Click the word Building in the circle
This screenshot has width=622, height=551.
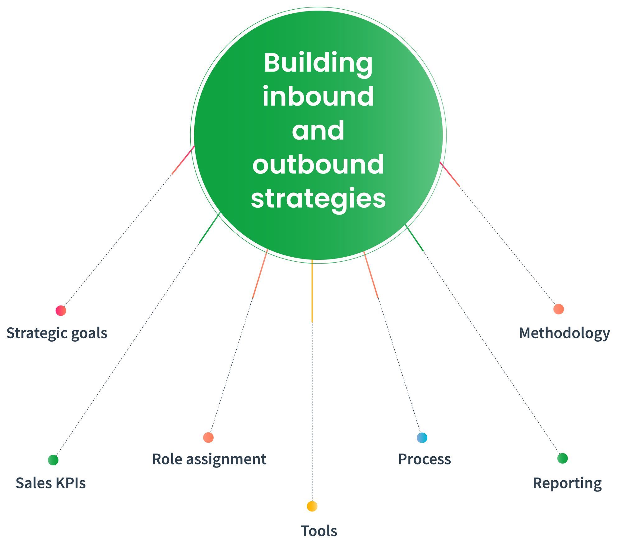(318, 63)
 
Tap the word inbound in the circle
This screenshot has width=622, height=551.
(318, 97)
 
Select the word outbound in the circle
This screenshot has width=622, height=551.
(318, 165)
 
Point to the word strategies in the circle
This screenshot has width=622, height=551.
(318, 198)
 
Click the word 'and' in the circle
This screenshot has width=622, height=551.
(318, 131)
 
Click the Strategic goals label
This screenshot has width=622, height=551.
(57, 333)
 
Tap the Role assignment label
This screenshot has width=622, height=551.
(209, 459)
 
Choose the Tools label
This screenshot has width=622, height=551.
(319, 531)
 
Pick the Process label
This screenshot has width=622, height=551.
(424, 459)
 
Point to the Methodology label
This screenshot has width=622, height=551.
(564, 333)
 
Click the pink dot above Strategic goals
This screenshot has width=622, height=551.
(61, 311)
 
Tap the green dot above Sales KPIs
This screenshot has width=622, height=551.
(53, 460)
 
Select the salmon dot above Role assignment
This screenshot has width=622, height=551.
(208, 437)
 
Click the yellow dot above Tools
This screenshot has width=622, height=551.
(312, 506)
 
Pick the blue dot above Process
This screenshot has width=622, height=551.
(422, 438)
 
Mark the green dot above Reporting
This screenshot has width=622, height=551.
(562, 458)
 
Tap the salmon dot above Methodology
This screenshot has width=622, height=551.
(559, 309)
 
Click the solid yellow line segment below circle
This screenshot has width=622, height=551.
(312, 291)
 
